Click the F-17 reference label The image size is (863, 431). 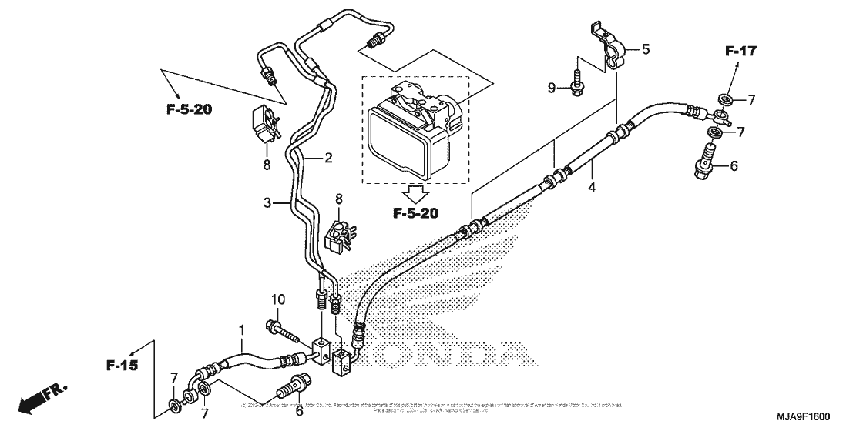tap(740, 52)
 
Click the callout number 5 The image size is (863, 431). tap(646, 49)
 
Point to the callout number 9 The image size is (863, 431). tap(552, 89)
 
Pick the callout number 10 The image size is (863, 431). tap(277, 298)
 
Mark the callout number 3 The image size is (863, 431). tap(268, 203)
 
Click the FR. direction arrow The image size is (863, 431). tap(40, 396)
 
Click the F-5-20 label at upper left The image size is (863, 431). tap(189, 109)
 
